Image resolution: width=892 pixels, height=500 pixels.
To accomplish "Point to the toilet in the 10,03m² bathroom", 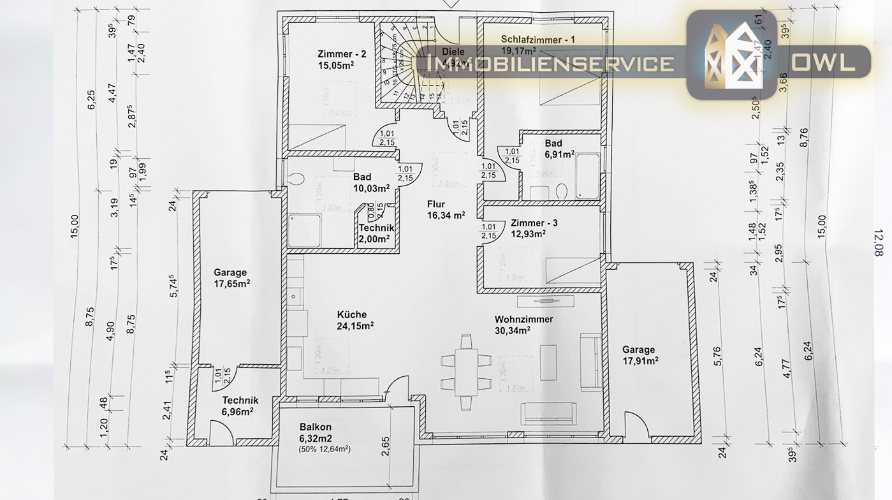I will coord(295,180).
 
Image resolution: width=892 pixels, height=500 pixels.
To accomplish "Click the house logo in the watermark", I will coord(731,55).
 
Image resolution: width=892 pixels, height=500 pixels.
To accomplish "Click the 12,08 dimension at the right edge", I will coord(879,242).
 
